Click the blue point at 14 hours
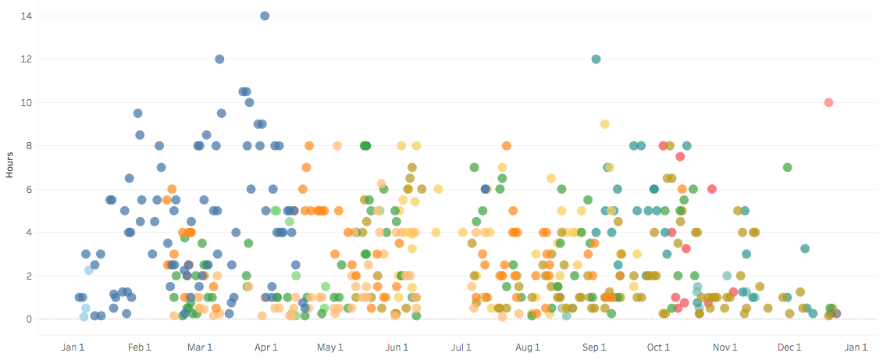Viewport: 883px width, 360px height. (265, 16)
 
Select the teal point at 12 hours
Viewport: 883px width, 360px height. (596, 59)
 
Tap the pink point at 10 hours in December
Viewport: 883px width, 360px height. (828, 102)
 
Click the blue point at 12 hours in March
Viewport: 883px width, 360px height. (219, 59)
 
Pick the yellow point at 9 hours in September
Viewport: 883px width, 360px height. (605, 124)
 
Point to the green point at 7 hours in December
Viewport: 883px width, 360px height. (787, 167)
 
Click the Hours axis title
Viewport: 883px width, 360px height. (9, 167)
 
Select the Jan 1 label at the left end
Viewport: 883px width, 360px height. (73, 348)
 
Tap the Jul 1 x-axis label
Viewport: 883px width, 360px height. (461, 348)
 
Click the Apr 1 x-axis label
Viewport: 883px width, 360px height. (265, 348)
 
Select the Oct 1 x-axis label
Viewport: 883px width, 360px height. (658, 348)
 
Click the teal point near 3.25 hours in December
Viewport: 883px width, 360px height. (805, 248)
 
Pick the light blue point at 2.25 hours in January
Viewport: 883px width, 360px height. (89, 270)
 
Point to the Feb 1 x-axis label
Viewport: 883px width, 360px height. (139, 348)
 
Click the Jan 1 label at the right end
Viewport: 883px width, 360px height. (856, 348)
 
